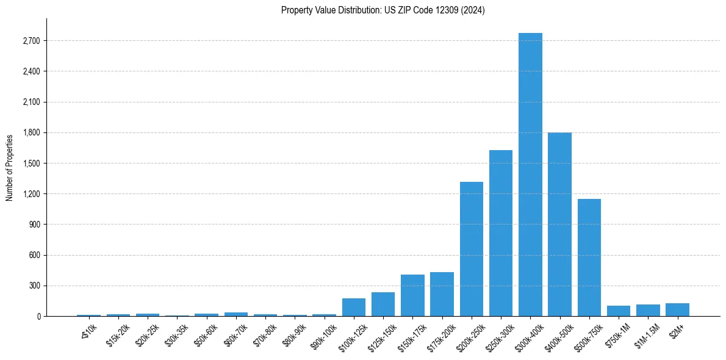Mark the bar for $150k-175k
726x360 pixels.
coord(412,295)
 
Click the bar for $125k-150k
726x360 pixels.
coord(383,304)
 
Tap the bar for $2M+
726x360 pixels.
coord(677,309)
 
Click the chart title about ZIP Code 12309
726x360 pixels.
coord(383,10)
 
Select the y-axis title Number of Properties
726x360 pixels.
coord(10,167)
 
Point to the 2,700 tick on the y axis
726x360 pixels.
coord(30,41)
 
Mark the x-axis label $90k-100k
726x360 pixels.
coord(321,336)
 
